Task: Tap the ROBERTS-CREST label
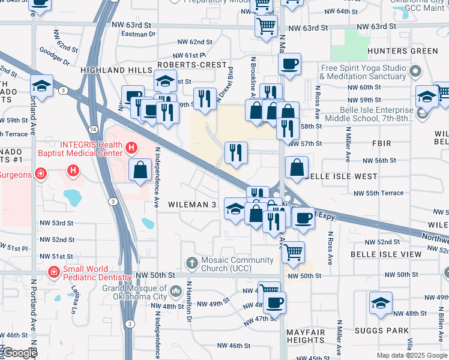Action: [192, 64]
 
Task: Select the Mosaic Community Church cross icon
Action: [191, 263]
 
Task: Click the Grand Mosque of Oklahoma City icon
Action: [176, 292]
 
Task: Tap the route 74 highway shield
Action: [92, 130]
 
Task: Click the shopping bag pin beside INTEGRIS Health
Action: [140, 170]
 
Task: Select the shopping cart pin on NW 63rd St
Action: [265, 26]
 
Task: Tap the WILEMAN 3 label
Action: [192, 205]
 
